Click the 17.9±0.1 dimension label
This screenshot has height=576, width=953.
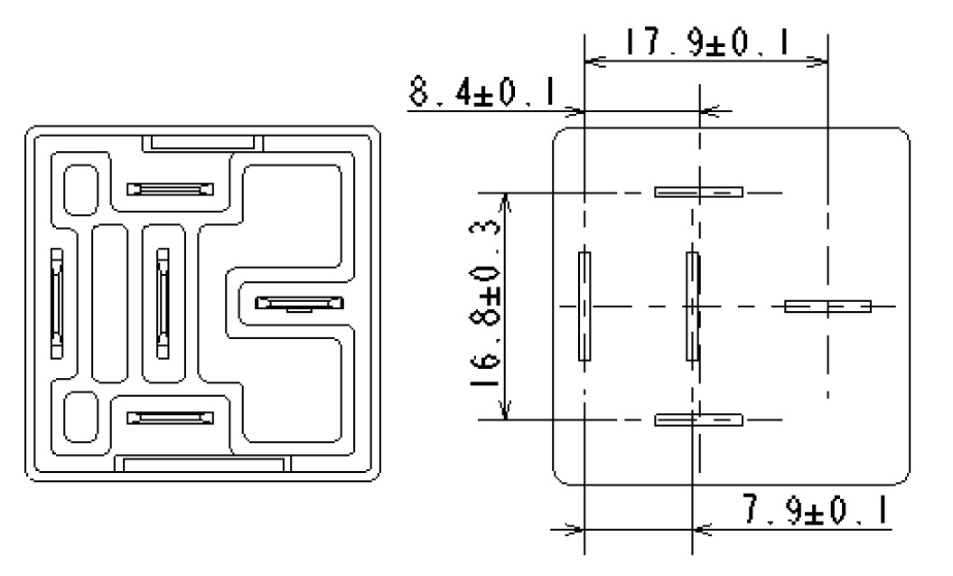(x=705, y=42)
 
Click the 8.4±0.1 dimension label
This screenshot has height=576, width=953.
(x=481, y=92)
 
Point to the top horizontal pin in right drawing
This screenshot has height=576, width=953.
(x=698, y=192)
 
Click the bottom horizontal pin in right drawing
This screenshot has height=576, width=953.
(x=698, y=420)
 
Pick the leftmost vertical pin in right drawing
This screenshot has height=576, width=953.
(x=584, y=306)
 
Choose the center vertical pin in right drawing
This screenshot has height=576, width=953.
(x=693, y=306)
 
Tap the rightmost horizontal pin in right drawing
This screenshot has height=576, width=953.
(x=827, y=306)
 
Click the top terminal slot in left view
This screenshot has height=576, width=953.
(x=171, y=188)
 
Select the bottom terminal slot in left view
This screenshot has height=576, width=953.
(x=171, y=418)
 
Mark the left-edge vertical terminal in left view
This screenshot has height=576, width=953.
(x=57, y=302)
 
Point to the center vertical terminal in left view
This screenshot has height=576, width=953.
(x=163, y=302)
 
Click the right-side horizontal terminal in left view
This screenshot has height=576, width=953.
(x=297, y=303)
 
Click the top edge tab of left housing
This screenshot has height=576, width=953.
(x=202, y=142)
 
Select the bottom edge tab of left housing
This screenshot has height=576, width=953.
(x=202, y=464)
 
